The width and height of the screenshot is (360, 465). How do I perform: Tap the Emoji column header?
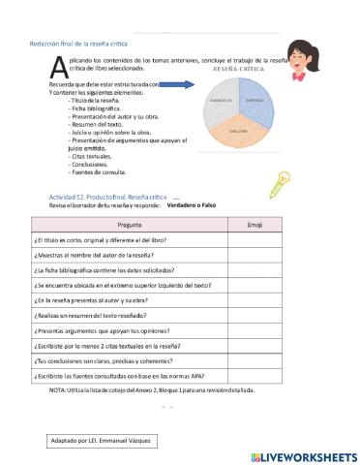click(255, 224)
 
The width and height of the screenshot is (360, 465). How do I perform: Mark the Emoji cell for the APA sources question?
click(255, 375)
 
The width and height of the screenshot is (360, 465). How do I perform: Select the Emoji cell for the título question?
click(255, 239)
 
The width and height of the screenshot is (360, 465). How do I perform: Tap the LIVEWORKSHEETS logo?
click(302, 455)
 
